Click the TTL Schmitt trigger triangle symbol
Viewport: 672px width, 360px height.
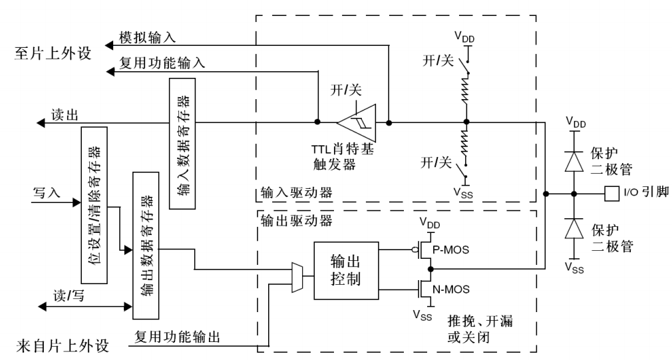(357, 122)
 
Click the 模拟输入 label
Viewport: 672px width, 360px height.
(147, 39)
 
